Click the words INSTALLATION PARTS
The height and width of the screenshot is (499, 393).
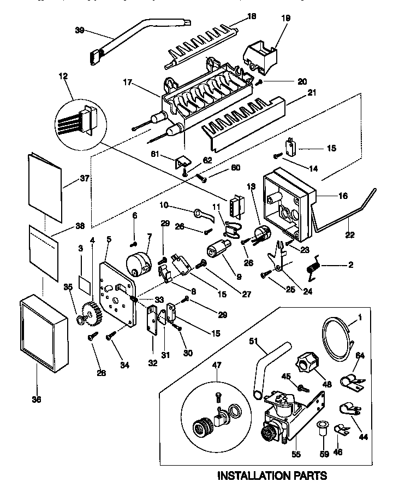(x=272, y=475)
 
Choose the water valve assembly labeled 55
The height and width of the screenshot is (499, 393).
(x=284, y=415)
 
